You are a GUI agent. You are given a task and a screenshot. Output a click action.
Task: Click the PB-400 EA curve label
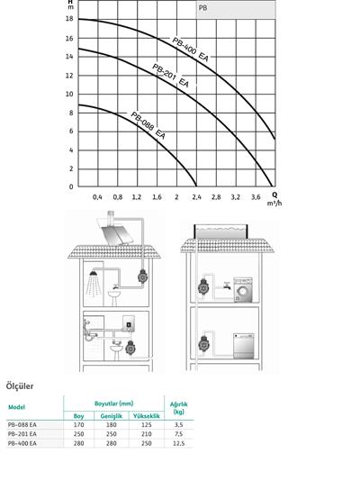coord(190,50)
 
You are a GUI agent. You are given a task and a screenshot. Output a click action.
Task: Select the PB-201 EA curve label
coord(170,76)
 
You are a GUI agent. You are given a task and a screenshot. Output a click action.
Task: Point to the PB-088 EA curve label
coord(148,125)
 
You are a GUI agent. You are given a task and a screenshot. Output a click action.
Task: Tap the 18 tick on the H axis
coord(69,19)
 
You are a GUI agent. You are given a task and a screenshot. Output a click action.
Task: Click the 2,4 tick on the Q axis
coord(197,197)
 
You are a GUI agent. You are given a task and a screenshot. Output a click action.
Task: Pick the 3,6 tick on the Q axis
coord(256,197)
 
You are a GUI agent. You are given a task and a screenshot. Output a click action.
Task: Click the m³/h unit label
coord(274,204)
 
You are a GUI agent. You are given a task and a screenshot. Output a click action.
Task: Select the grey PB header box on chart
coord(236,9)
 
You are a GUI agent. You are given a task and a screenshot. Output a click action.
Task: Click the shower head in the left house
coord(93,273)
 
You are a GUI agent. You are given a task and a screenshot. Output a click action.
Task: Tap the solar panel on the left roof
coord(118,235)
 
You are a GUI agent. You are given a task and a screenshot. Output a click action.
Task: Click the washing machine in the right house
coord(243,290)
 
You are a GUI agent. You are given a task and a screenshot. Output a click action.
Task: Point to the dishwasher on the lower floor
coord(244,346)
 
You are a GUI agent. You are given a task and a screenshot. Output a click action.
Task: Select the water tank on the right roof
coord(221,231)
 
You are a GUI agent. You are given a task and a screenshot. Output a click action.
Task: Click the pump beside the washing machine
coord(203,287)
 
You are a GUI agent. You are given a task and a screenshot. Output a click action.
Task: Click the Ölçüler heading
coord(20,386)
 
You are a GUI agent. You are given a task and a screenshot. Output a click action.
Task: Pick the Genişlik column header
coord(112,416)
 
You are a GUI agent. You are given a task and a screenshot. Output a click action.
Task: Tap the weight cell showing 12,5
coord(178,443)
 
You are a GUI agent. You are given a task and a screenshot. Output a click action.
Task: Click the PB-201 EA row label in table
coord(22,434)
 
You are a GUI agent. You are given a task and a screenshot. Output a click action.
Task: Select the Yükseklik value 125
coord(147,425)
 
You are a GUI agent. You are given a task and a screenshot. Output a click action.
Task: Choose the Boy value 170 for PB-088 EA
coord(78,425)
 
